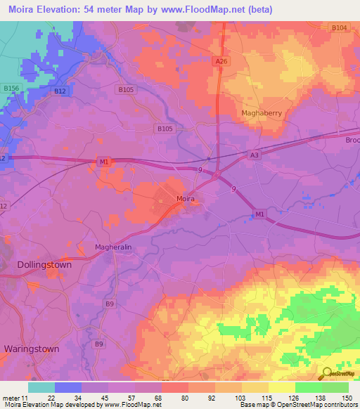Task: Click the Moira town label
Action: [x=186, y=200]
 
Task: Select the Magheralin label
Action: [x=113, y=247]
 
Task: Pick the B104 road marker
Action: [x=339, y=27]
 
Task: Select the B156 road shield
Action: [x=11, y=88]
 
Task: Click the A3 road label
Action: [x=254, y=156]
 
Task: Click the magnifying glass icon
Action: [x=328, y=375]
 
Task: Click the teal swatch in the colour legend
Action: [x=41, y=387]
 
